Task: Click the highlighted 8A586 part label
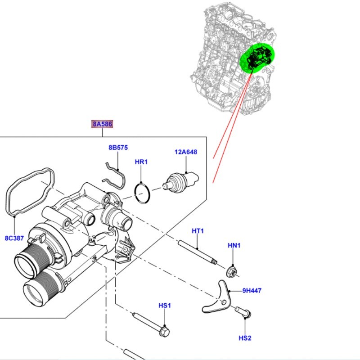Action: point(102,124)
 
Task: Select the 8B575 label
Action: point(118,147)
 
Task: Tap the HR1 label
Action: point(141,162)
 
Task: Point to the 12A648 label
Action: point(186,152)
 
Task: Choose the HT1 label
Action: point(198,231)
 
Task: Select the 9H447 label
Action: point(252,291)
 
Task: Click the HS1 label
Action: point(165,306)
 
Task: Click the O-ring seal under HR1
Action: point(143,193)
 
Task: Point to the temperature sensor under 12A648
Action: point(180,180)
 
